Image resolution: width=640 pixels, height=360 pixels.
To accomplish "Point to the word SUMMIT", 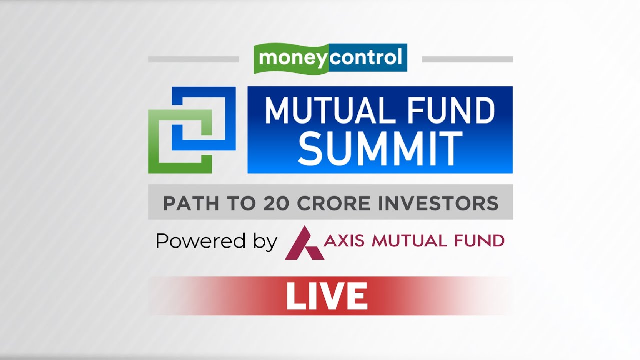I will (x=380, y=148).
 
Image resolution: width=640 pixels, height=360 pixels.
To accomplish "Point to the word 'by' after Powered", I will (x=265, y=242).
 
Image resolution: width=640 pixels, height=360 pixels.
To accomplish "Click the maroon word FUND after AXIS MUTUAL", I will (x=478, y=241).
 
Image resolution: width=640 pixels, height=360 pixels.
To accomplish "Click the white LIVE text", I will (x=327, y=296).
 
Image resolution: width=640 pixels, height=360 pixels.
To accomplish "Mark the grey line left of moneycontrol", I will (x=193, y=59).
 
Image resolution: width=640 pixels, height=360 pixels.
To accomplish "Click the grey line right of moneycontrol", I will (x=467, y=59).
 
